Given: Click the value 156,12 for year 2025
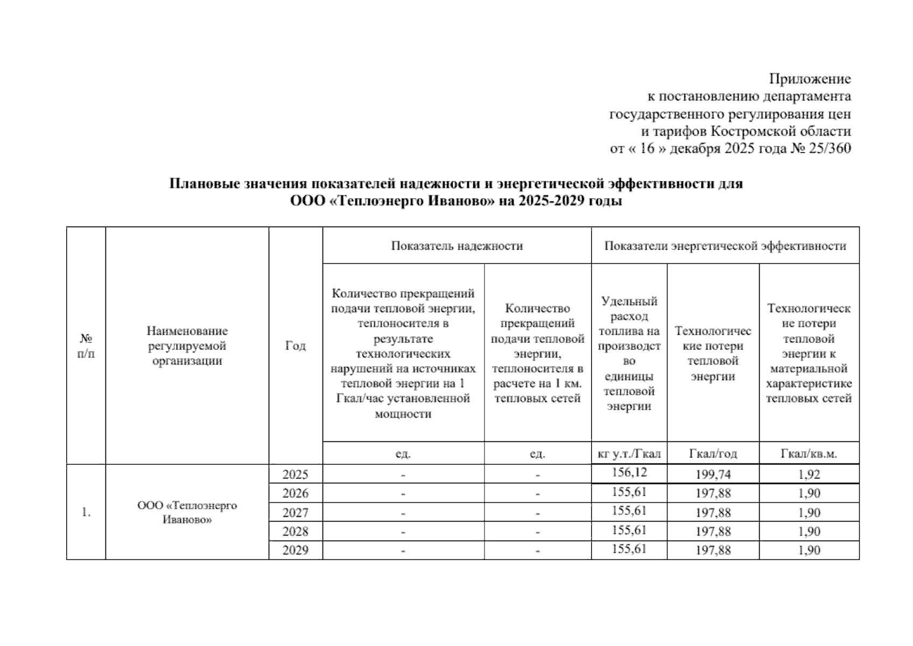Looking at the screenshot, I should (x=629, y=473).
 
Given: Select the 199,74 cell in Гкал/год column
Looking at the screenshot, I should (x=713, y=474).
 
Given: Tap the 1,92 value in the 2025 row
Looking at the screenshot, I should (x=809, y=474).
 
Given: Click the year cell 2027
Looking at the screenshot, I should (x=296, y=512).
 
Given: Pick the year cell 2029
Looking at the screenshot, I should (x=296, y=550).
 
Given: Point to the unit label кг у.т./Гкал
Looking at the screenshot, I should (x=629, y=454).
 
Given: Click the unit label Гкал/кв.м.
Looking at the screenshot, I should (x=809, y=454).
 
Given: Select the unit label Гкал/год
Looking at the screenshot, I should (x=713, y=454).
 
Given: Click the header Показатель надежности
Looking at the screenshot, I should (x=456, y=246).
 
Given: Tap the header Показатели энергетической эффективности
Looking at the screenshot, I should (x=725, y=246).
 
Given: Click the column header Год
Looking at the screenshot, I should (x=296, y=346).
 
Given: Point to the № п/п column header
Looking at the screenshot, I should (x=86, y=346).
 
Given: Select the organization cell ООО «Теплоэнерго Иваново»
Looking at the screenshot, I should (x=187, y=512).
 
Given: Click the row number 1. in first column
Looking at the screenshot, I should (x=86, y=512).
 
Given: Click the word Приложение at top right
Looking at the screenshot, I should (x=810, y=79).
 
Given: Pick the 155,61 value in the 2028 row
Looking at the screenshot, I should (x=629, y=530).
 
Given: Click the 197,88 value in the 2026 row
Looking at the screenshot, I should (x=713, y=494).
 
